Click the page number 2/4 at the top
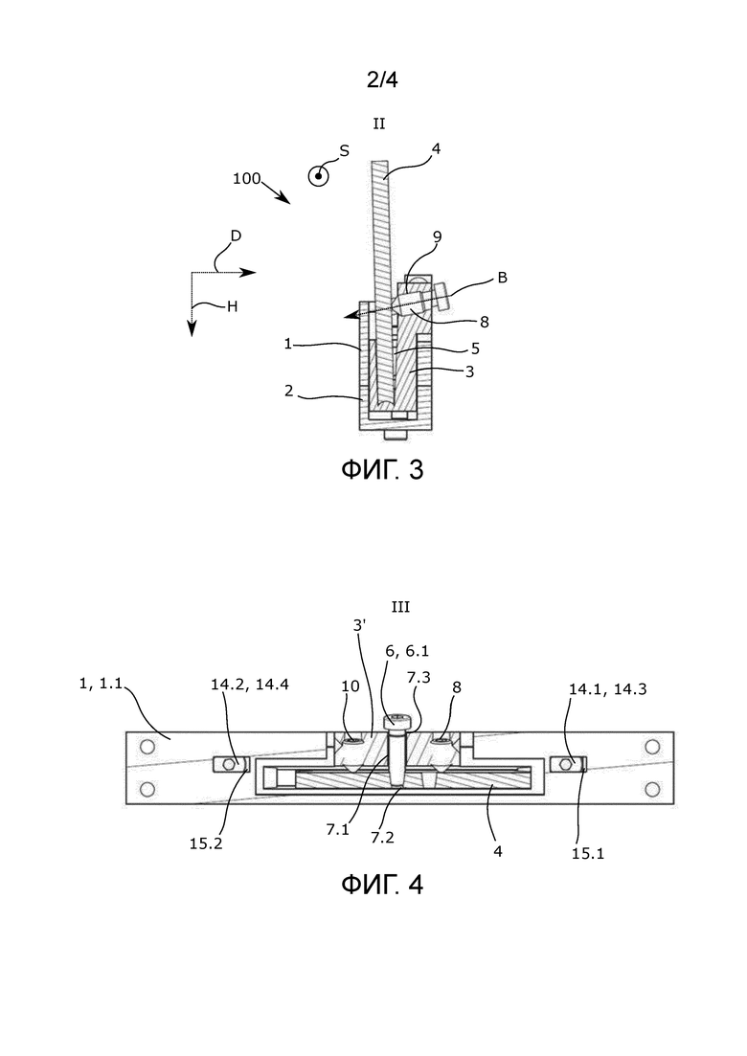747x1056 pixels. pos(382,80)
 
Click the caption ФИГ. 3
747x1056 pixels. pos(382,469)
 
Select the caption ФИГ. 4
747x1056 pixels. pos(382,885)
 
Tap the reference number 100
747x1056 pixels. pos(246,178)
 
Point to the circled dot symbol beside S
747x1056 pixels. pos(318,176)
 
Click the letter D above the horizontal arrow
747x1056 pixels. pos(236,236)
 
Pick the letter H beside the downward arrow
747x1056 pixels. pos(232,307)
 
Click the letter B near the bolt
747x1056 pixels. pos(503,278)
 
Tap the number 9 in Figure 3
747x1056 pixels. pos(437,236)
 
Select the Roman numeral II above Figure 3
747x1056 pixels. pos(379,124)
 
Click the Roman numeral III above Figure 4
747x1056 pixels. pos(400,608)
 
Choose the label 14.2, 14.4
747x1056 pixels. pos(250,685)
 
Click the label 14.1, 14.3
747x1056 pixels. pos(607,689)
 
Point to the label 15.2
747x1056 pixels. pos(206,843)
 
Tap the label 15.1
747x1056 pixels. pos(588,853)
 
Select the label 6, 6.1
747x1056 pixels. pos(407,651)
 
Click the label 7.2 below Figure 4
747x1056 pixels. pos(382,838)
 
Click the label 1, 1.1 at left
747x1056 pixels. pos(101,684)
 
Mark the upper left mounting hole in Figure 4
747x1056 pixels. pos(147,746)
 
